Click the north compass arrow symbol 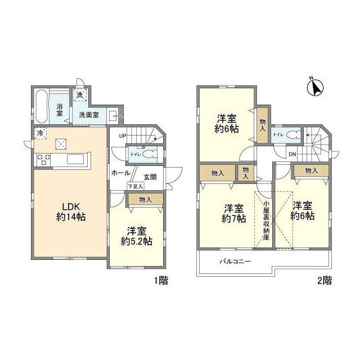(x=316, y=88)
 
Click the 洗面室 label (x=88, y=115)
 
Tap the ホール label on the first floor (x=121, y=173)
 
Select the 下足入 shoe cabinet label (x=135, y=185)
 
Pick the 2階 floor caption (x=323, y=280)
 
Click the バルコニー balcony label (x=235, y=262)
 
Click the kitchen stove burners (x=43, y=159)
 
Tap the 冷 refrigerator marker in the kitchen (x=40, y=134)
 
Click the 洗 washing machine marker (x=80, y=95)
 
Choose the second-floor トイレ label (x=277, y=134)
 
